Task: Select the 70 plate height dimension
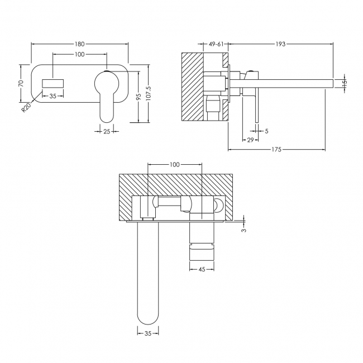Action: click(21, 83)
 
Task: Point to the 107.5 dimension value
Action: click(148, 93)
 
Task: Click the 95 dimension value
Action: click(138, 95)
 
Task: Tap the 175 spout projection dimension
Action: click(276, 149)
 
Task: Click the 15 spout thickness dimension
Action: click(344, 83)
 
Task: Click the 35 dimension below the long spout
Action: click(148, 333)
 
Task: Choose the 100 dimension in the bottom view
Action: click(174, 165)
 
